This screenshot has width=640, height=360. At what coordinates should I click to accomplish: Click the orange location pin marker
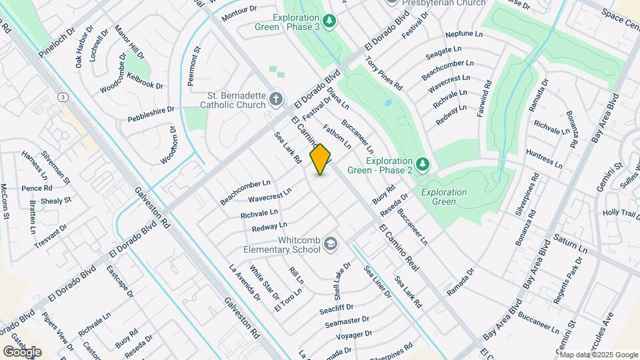(321, 159)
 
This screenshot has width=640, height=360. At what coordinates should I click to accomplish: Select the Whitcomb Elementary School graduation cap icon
(331, 245)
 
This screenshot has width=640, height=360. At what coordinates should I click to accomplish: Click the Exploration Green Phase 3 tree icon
(331, 20)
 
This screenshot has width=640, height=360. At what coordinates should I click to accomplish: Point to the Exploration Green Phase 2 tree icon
(421, 164)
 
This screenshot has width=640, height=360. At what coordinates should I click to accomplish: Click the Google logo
(22, 351)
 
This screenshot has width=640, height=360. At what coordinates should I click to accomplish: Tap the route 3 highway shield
(63, 97)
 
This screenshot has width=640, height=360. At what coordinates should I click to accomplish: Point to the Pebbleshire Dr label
(151, 114)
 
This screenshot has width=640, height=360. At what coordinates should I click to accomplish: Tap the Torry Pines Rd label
(384, 73)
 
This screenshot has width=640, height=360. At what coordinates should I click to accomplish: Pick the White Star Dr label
(265, 283)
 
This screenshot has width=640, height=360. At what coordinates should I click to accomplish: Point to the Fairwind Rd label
(484, 99)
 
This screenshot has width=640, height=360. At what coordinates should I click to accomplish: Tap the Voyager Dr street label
(353, 335)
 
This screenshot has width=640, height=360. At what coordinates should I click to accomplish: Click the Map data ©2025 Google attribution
(599, 354)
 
